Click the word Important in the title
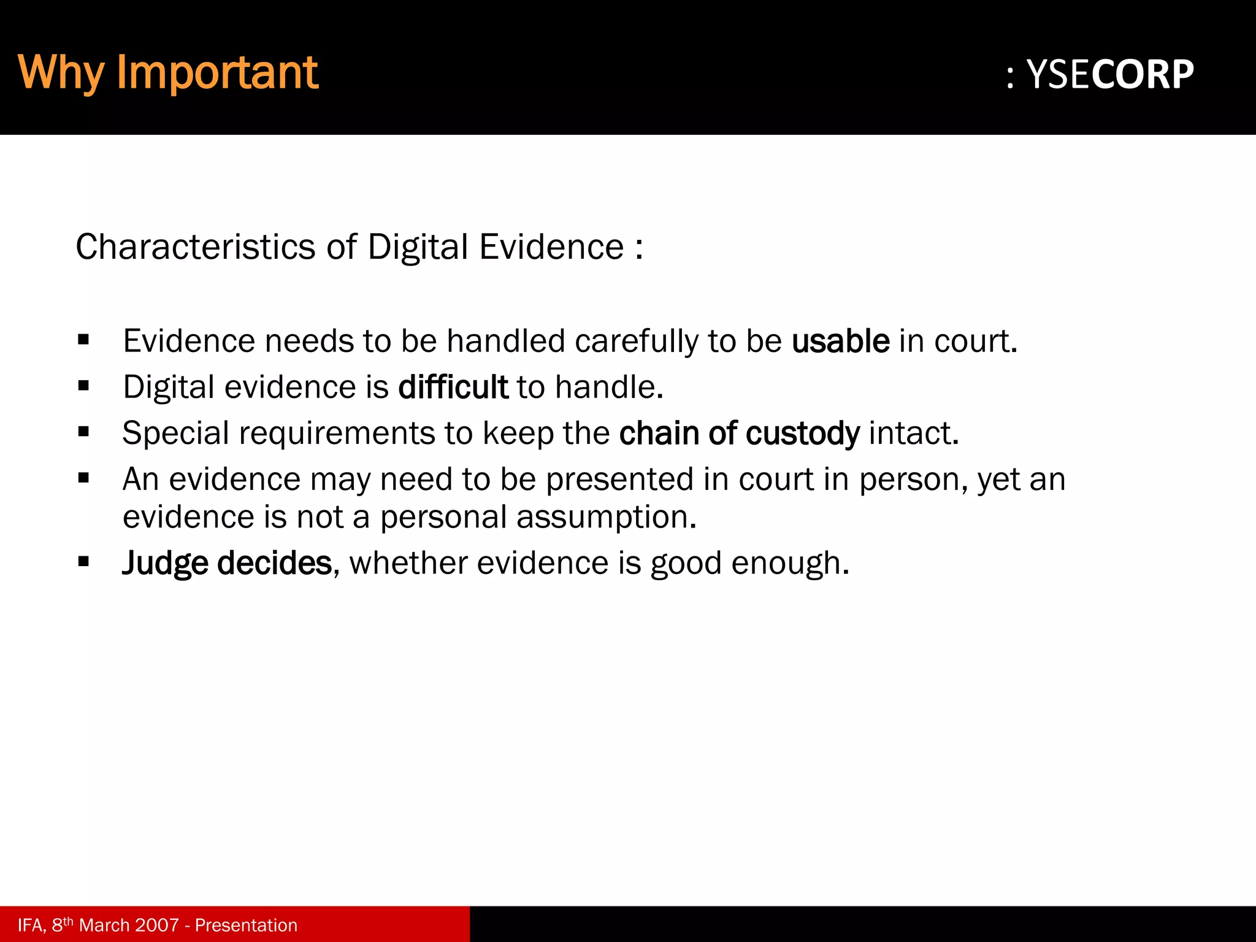point(217,73)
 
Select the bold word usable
point(840,341)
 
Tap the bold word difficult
point(453,388)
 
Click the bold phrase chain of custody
point(739,434)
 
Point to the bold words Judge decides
point(227,563)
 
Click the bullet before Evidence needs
point(84,340)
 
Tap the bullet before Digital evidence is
point(84,386)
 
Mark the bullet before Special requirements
point(84,432)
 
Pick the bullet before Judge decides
point(84,561)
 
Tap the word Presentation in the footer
point(246,925)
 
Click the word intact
point(913,434)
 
